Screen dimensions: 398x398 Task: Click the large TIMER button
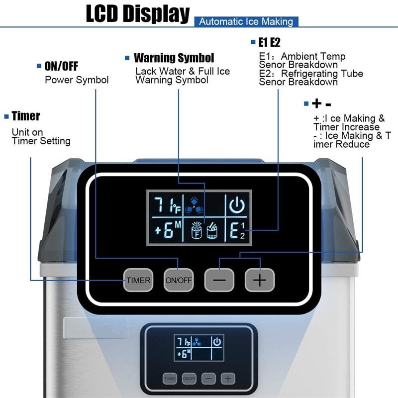138,280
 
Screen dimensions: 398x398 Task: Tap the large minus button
219,280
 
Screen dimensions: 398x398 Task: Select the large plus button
260,280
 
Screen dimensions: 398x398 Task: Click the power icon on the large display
237,205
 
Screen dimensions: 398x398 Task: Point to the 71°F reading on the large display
168,205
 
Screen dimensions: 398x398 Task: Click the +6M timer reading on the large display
168,230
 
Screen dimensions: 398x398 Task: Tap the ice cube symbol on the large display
194,205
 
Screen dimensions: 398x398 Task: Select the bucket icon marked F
197,230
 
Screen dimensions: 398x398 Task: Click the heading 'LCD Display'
138,13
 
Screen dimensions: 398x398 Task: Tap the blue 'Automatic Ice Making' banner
246,21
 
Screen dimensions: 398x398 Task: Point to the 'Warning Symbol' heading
174,58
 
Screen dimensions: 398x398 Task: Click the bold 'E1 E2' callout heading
269,42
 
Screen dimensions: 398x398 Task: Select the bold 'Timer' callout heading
26,116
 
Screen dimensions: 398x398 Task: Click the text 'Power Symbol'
77,80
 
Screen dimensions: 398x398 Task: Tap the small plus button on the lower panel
228,379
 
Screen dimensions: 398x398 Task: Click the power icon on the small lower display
217,342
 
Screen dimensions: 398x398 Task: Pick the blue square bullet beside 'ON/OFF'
39,66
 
